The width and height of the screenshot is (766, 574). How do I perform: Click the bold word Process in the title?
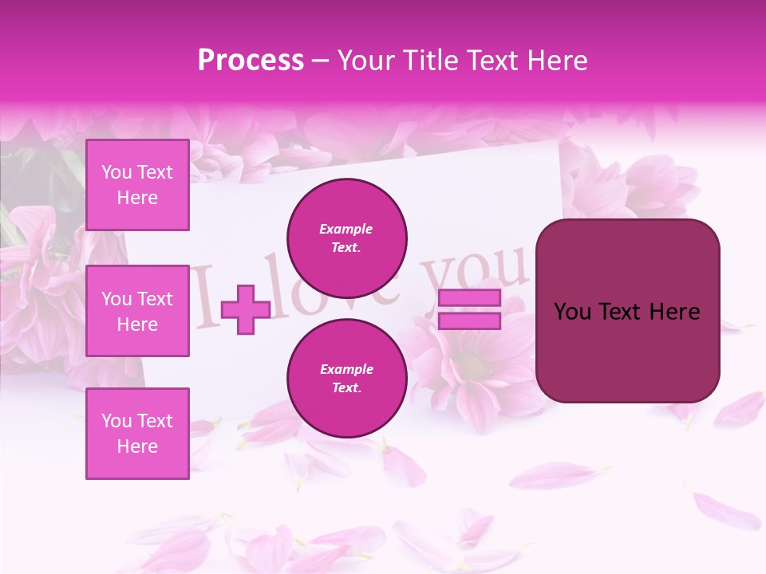pos(251,61)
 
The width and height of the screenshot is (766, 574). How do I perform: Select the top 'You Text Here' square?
pos(137,185)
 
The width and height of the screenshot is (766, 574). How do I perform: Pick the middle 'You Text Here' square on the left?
pos(137,311)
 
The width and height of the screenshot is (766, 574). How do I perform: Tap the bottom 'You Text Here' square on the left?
pos(137,433)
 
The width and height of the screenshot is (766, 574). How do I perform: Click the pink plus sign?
pos(246,309)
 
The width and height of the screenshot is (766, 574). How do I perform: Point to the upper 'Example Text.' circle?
pos(347,238)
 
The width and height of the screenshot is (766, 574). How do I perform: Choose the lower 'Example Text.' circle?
pos(347,378)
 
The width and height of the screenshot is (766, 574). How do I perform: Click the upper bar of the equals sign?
pos(469,298)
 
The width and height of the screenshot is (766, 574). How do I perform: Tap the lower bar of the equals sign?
pos(469,320)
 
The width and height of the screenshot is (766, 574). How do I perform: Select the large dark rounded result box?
pos(627,311)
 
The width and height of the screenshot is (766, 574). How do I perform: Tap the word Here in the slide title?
pos(558,61)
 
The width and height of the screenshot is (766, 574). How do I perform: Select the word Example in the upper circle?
pos(346,229)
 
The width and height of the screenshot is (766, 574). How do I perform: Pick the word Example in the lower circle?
pos(346,369)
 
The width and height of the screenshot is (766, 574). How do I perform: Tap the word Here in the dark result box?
pos(674,312)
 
